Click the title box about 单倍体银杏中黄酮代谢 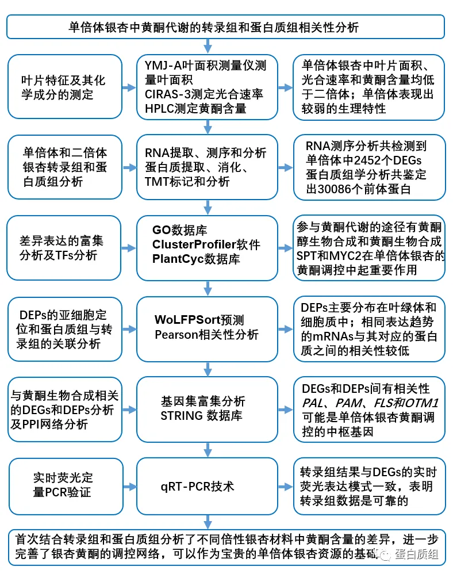click(226, 27)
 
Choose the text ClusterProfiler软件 click(206, 244)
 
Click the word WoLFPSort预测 click(199, 320)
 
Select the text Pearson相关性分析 click(206, 334)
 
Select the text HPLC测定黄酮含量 click(195, 108)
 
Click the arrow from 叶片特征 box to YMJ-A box click(130, 87)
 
